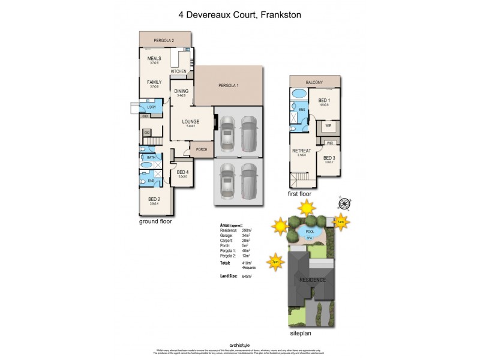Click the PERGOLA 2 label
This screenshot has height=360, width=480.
tap(164, 40)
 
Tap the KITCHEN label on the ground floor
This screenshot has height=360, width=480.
tap(178, 71)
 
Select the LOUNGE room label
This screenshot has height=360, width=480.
tap(190, 122)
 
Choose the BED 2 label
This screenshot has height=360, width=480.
tap(154, 200)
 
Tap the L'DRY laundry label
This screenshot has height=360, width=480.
tap(151, 107)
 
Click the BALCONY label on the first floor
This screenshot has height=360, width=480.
tap(314, 82)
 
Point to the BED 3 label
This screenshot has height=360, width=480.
tap(329, 158)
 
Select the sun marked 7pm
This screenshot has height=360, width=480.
tap(275, 262)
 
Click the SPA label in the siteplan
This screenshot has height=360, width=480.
tap(310, 238)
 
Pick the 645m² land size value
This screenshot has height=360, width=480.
tap(247, 277)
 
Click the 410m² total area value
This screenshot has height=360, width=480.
tap(247, 263)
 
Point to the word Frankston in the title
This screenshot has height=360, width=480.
tap(280, 15)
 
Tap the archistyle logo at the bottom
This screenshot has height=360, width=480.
tap(240, 345)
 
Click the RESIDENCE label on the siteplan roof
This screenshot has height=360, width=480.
tap(313, 280)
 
